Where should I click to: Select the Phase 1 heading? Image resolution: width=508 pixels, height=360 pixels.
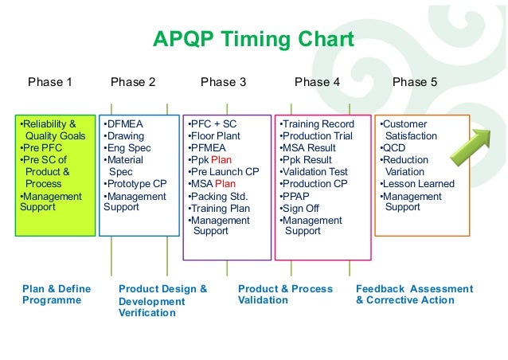point(50,81)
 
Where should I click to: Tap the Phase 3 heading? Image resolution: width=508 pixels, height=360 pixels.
point(223,81)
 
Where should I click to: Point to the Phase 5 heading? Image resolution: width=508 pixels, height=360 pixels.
point(415,81)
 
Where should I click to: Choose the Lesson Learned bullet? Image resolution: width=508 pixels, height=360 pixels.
point(418,184)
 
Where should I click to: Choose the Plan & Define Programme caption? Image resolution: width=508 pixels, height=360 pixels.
point(57,295)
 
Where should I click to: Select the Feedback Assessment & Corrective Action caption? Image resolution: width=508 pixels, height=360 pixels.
point(413,295)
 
